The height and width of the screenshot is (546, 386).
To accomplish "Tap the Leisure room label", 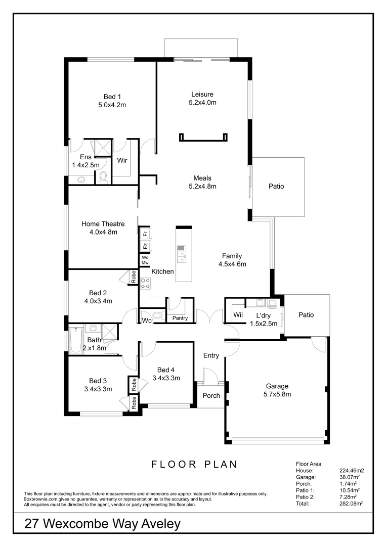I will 202,94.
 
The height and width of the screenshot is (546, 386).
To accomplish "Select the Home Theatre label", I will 103,223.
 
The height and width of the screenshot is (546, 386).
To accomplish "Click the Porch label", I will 211,395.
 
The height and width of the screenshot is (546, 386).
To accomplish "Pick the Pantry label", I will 180,318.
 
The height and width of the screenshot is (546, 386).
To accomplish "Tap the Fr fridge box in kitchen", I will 145,234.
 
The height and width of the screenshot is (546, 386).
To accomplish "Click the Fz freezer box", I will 145,246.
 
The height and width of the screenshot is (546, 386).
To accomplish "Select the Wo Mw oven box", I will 145,260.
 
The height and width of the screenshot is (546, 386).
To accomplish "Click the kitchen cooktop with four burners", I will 145,284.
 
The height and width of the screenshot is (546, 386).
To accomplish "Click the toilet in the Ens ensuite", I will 104,177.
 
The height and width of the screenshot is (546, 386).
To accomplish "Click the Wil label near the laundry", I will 238,315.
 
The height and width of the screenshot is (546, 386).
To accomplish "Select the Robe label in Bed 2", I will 134,277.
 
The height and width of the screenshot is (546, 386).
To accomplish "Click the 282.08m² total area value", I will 352,504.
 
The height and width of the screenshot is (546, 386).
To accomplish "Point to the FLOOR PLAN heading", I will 194,464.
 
